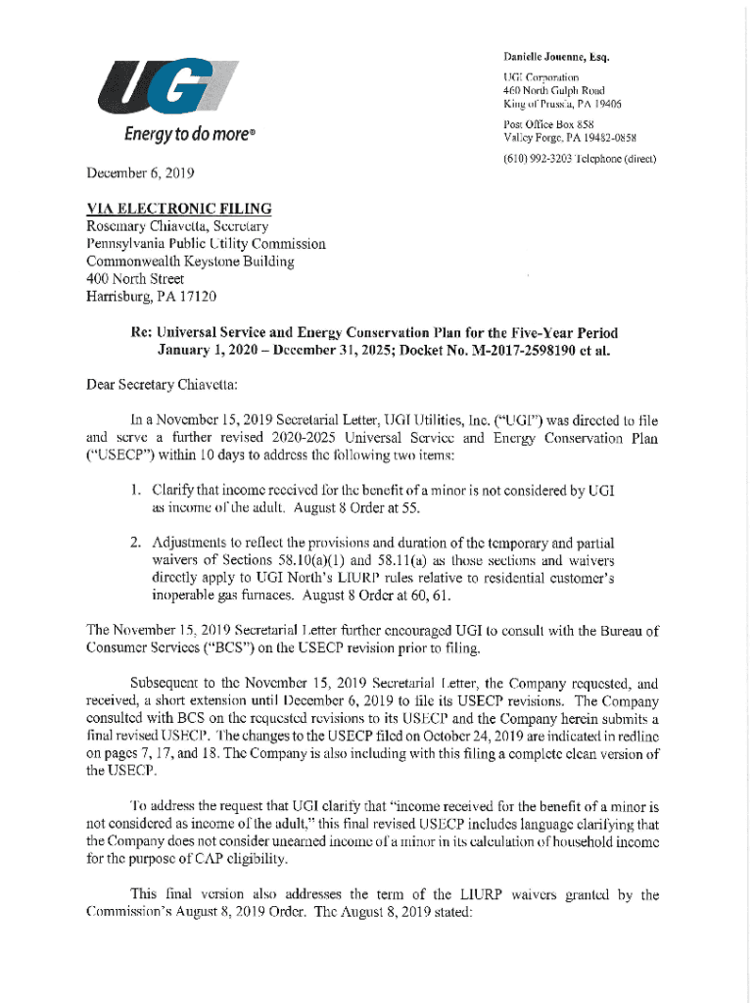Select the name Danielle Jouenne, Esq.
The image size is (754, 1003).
(556, 57)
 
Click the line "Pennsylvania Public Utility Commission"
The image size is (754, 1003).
(206, 244)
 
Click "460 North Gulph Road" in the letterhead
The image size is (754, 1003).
(553, 89)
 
